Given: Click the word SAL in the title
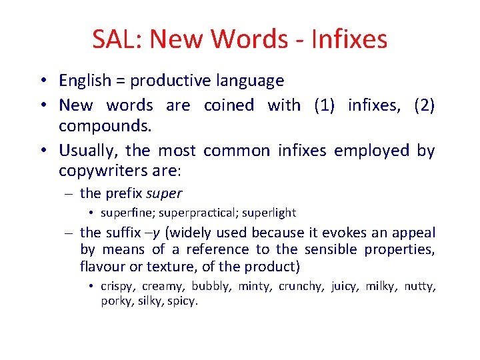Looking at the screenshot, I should point(117,39).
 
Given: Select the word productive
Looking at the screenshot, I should point(170,81).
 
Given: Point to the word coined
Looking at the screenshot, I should point(229,105).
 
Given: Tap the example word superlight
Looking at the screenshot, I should point(269,213).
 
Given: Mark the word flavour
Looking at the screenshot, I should point(99,267).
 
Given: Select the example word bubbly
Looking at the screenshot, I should point(209,287).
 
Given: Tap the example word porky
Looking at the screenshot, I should point(115,301).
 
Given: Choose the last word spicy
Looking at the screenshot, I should point(183,301).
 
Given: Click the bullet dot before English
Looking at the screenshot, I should point(41,81).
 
